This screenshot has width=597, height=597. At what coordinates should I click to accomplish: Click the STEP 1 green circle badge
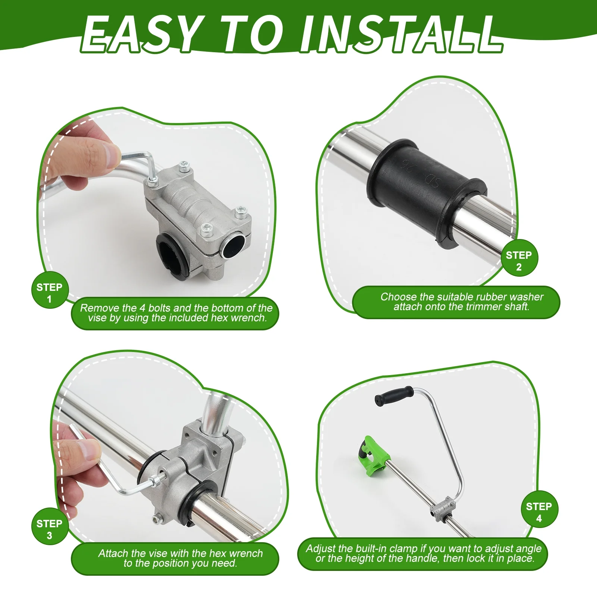tap(50, 293)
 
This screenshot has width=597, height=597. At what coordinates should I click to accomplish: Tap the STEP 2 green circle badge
tap(519, 261)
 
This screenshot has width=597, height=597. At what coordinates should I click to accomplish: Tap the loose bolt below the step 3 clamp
tap(158, 518)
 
